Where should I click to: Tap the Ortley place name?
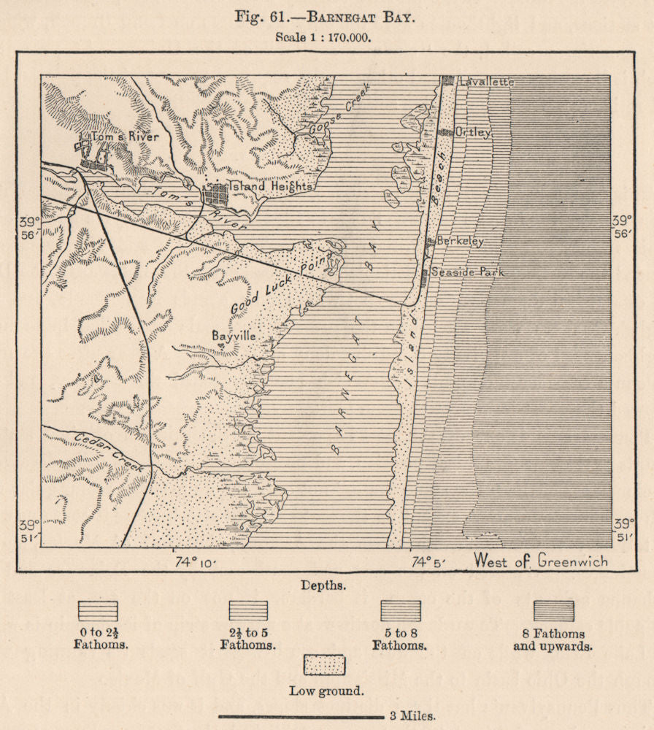473,133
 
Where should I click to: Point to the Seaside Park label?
467,272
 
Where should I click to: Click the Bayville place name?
234,337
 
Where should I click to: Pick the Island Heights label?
271,187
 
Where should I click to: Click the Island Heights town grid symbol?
217,195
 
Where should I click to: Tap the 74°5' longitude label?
429,561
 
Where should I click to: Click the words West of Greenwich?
540,561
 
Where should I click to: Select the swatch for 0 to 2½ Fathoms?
98,611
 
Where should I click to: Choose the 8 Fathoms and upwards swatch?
553,611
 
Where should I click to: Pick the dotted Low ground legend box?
325,665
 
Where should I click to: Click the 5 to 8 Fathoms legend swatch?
401,611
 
